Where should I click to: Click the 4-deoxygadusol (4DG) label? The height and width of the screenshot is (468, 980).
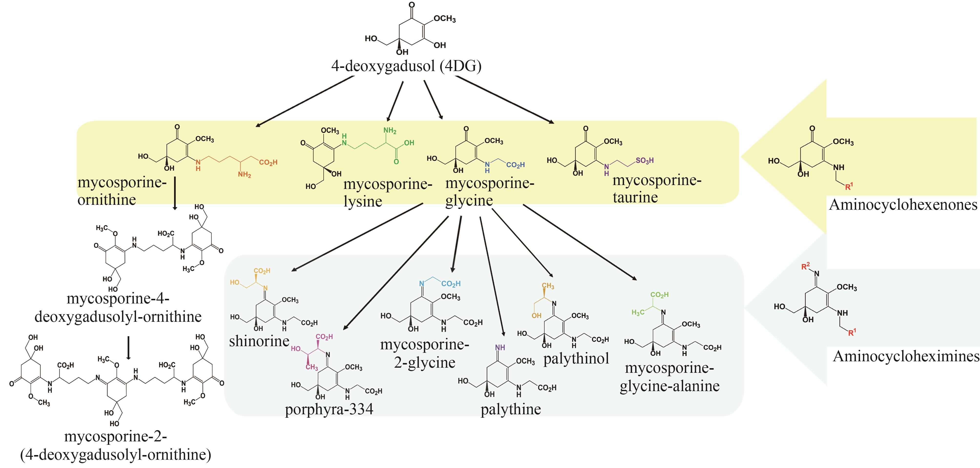click(406, 66)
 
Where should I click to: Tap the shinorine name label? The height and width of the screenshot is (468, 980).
click(259, 341)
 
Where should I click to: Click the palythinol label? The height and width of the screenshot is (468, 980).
click(576, 358)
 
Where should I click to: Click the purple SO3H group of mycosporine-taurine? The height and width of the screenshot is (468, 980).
click(644, 161)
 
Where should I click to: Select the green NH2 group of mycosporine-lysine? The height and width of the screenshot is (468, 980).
click(390, 131)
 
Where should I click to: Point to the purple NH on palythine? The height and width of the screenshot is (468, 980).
click(500, 347)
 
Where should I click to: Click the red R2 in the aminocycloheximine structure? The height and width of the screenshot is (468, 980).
click(805, 266)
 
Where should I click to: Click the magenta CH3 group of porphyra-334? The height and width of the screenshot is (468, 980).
click(312, 367)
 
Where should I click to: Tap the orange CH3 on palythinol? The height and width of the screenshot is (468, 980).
click(548, 286)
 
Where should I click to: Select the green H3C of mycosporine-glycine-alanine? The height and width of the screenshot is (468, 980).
click(638, 313)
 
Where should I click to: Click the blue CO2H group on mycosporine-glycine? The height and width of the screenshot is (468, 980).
click(515, 165)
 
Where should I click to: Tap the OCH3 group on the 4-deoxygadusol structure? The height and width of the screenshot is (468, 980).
click(444, 19)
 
